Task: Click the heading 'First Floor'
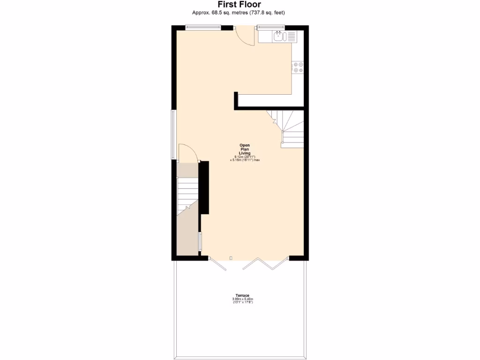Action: (239, 5)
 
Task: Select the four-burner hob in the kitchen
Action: (298, 67)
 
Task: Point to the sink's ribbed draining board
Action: (291, 36)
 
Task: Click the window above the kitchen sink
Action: (271, 27)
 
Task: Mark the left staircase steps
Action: (187, 192)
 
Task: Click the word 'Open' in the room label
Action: (244, 145)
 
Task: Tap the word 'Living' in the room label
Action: (244, 153)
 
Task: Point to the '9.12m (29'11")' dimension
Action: (244, 157)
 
